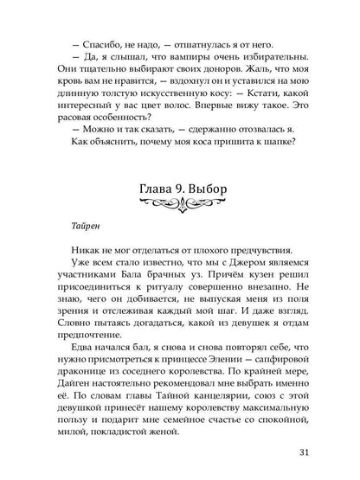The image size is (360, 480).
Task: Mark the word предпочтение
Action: click(100, 397)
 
